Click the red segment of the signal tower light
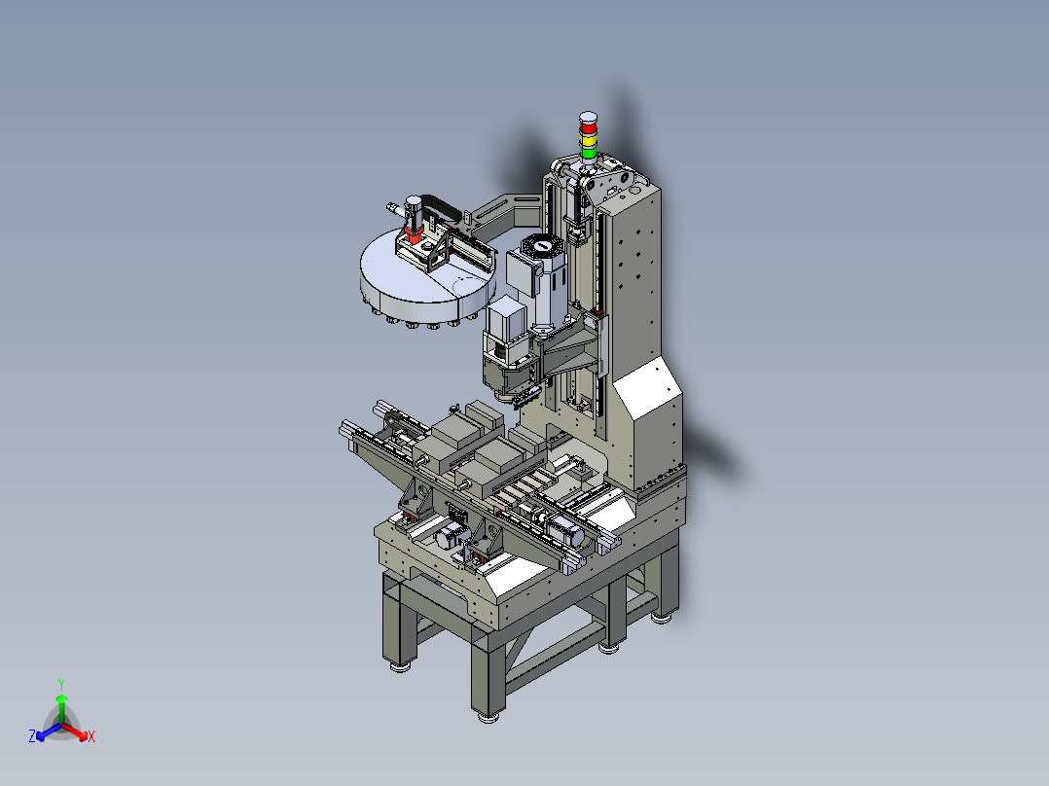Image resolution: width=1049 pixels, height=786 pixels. (x=588, y=126)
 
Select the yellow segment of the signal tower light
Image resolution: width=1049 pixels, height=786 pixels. (x=588, y=140)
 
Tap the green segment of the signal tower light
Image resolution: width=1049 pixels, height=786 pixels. (x=588, y=153)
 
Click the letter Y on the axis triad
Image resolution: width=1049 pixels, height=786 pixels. (x=61, y=684)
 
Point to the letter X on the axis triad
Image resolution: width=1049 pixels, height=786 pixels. (x=91, y=736)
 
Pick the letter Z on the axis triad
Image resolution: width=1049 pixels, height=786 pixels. (x=32, y=736)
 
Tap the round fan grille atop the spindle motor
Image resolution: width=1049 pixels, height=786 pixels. (x=543, y=245)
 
